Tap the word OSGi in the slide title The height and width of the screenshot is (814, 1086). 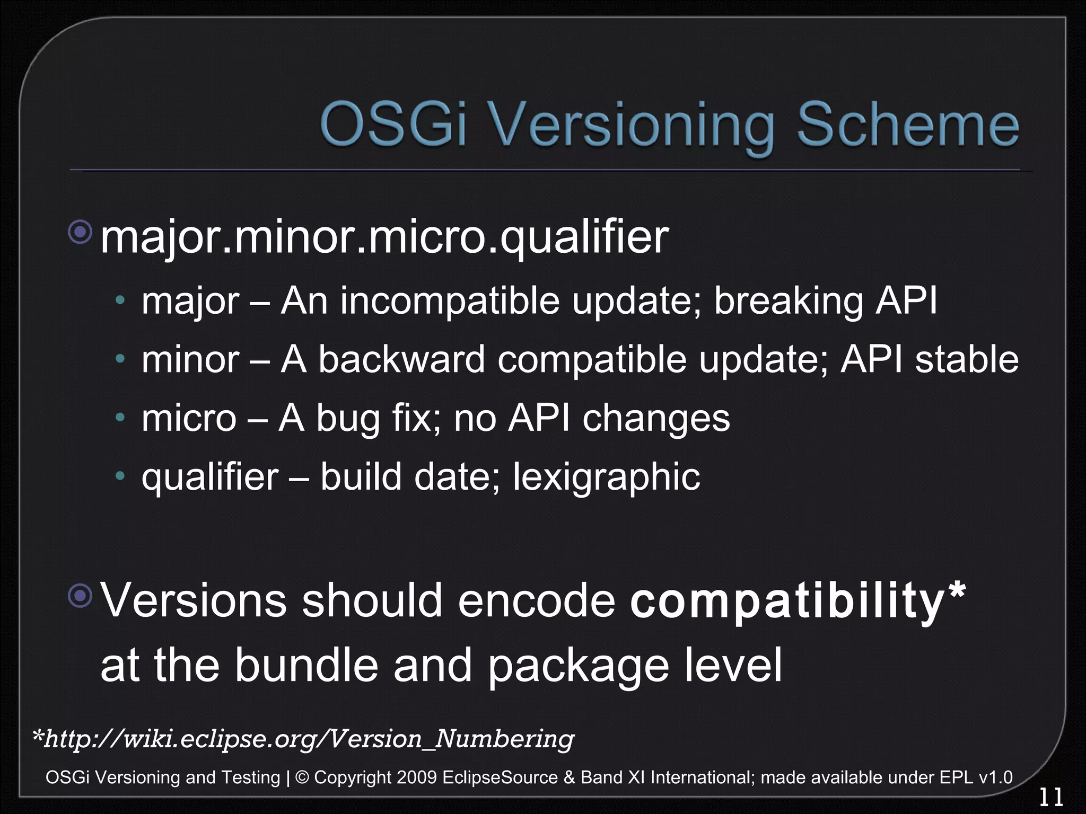click(x=392, y=125)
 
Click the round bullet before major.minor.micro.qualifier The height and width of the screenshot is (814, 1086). click(x=81, y=232)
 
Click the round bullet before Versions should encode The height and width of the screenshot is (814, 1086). click(x=81, y=595)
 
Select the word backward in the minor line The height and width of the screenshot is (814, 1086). click(x=401, y=359)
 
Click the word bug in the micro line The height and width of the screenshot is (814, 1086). click(x=348, y=419)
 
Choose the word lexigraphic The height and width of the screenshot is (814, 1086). click(x=606, y=477)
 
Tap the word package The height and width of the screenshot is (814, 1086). click(x=578, y=666)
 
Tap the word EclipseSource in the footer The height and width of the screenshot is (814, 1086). click(x=500, y=777)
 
